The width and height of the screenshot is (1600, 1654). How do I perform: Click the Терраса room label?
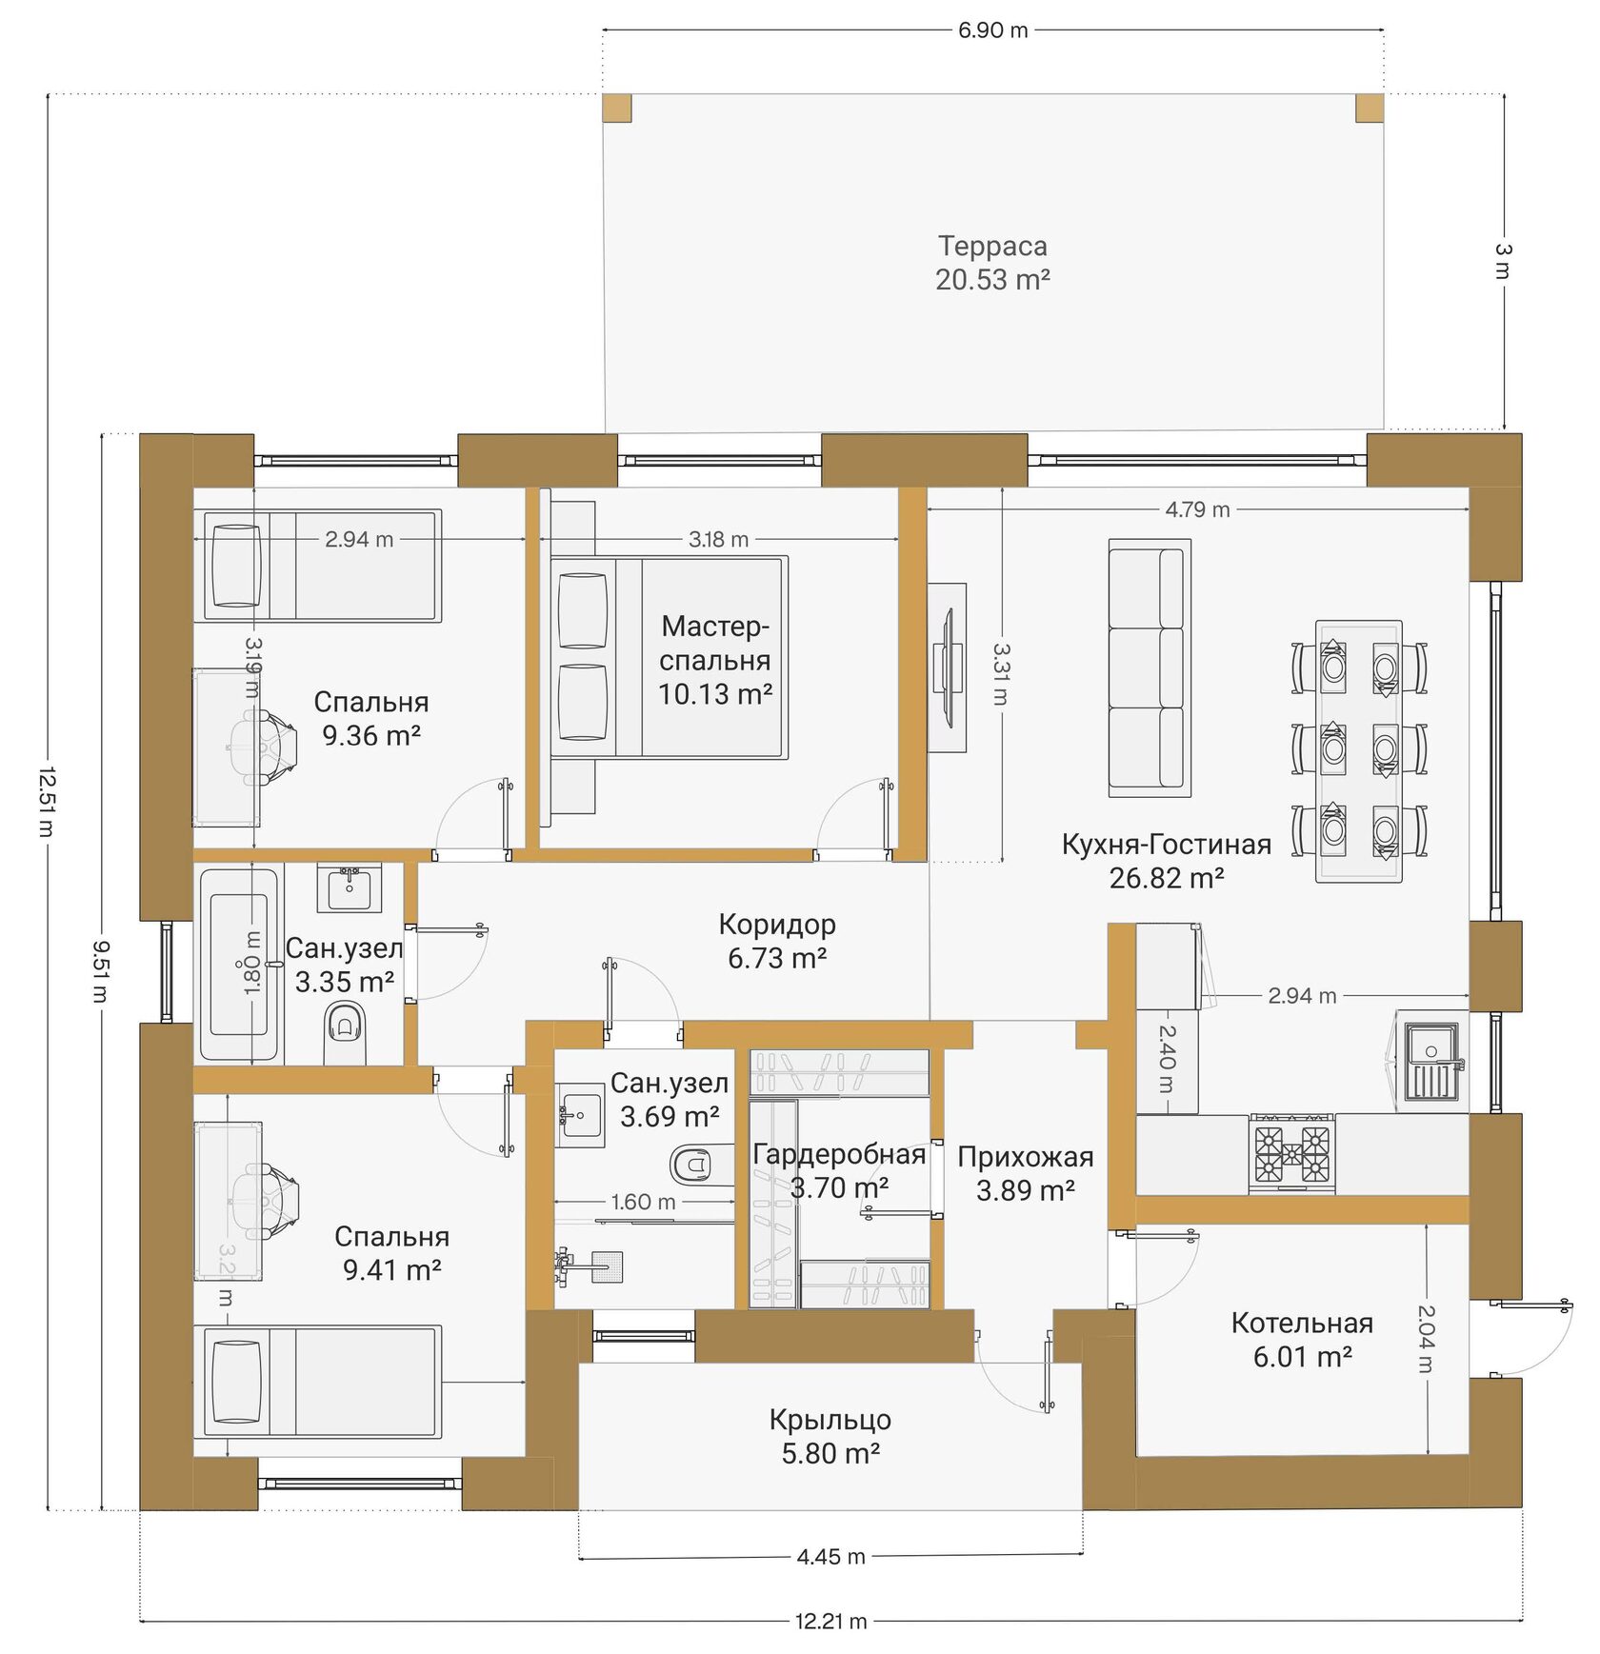coord(992,246)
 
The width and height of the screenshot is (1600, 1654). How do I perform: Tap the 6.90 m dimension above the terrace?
coord(992,30)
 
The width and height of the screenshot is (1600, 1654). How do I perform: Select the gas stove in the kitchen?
coord(1291,1153)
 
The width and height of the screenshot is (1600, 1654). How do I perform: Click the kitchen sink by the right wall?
coord(1431,1061)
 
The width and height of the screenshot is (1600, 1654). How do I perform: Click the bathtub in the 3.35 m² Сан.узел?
coord(241,963)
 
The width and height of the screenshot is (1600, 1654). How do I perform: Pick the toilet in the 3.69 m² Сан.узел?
coord(695,1162)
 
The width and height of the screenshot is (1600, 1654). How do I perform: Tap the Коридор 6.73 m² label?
coord(776,941)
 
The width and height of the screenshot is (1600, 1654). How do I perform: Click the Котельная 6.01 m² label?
coord(1302,1339)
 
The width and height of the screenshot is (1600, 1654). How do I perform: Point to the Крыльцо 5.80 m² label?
coord(830,1436)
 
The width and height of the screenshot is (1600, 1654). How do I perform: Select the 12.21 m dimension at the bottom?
coord(830,1621)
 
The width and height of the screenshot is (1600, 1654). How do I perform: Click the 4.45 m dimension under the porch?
coord(830,1557)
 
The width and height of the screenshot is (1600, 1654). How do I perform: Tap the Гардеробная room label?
coord(839,1154)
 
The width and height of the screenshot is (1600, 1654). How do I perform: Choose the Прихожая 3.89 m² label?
coord(1026,1173)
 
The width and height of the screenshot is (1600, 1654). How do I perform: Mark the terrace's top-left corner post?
coord(617,108)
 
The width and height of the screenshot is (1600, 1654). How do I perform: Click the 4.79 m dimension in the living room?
coord(1197,509)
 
